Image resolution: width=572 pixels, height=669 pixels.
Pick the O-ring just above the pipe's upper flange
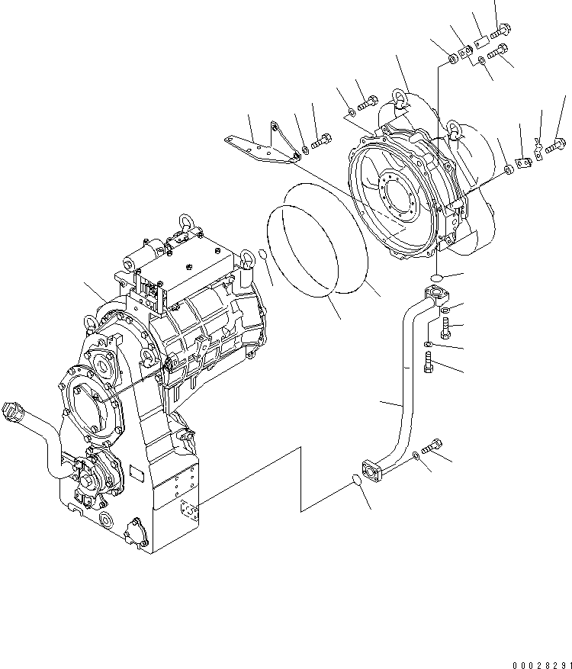pos(436,276)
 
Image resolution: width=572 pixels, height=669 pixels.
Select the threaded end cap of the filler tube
pos(14,413)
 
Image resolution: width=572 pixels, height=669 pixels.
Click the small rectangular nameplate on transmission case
pos(137,476)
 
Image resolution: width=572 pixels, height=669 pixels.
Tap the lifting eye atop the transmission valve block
pos(185,223)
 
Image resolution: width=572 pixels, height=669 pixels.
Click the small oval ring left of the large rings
pos(262,253)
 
